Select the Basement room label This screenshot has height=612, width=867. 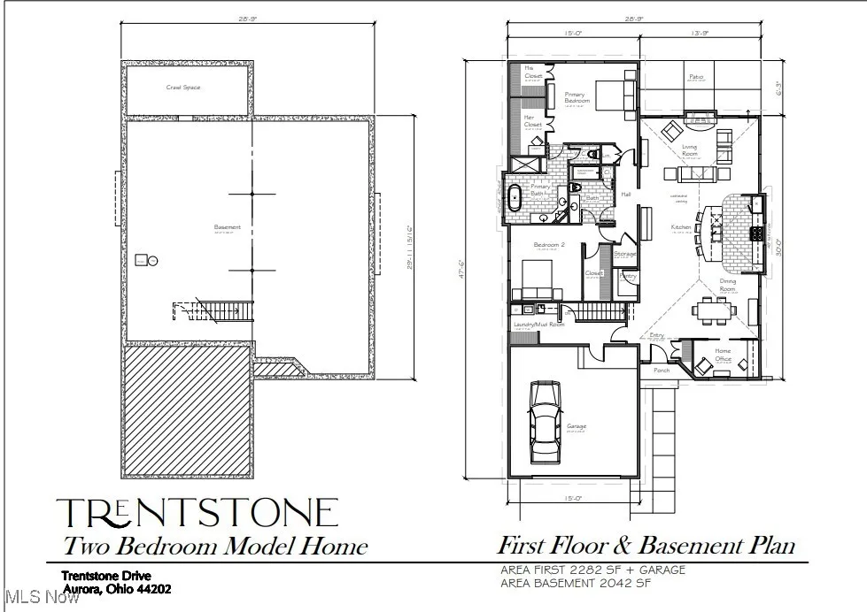coord(228,227)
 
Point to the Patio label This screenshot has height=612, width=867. coord(696,77)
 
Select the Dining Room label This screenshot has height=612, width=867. coord(726,287)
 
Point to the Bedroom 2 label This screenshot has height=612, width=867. coord(548,245)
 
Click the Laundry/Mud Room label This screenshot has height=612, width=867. coord(538,325)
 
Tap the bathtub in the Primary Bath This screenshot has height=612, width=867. coord(515,196)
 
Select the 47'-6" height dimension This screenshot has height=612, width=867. coord(461,267)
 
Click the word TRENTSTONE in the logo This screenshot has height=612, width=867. coord(197,513)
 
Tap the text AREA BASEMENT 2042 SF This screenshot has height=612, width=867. coord(587,583)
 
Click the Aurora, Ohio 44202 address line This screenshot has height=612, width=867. coord(116,589)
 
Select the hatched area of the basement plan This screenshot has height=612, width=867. coord(186,409)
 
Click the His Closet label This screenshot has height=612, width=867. coord(532,73)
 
